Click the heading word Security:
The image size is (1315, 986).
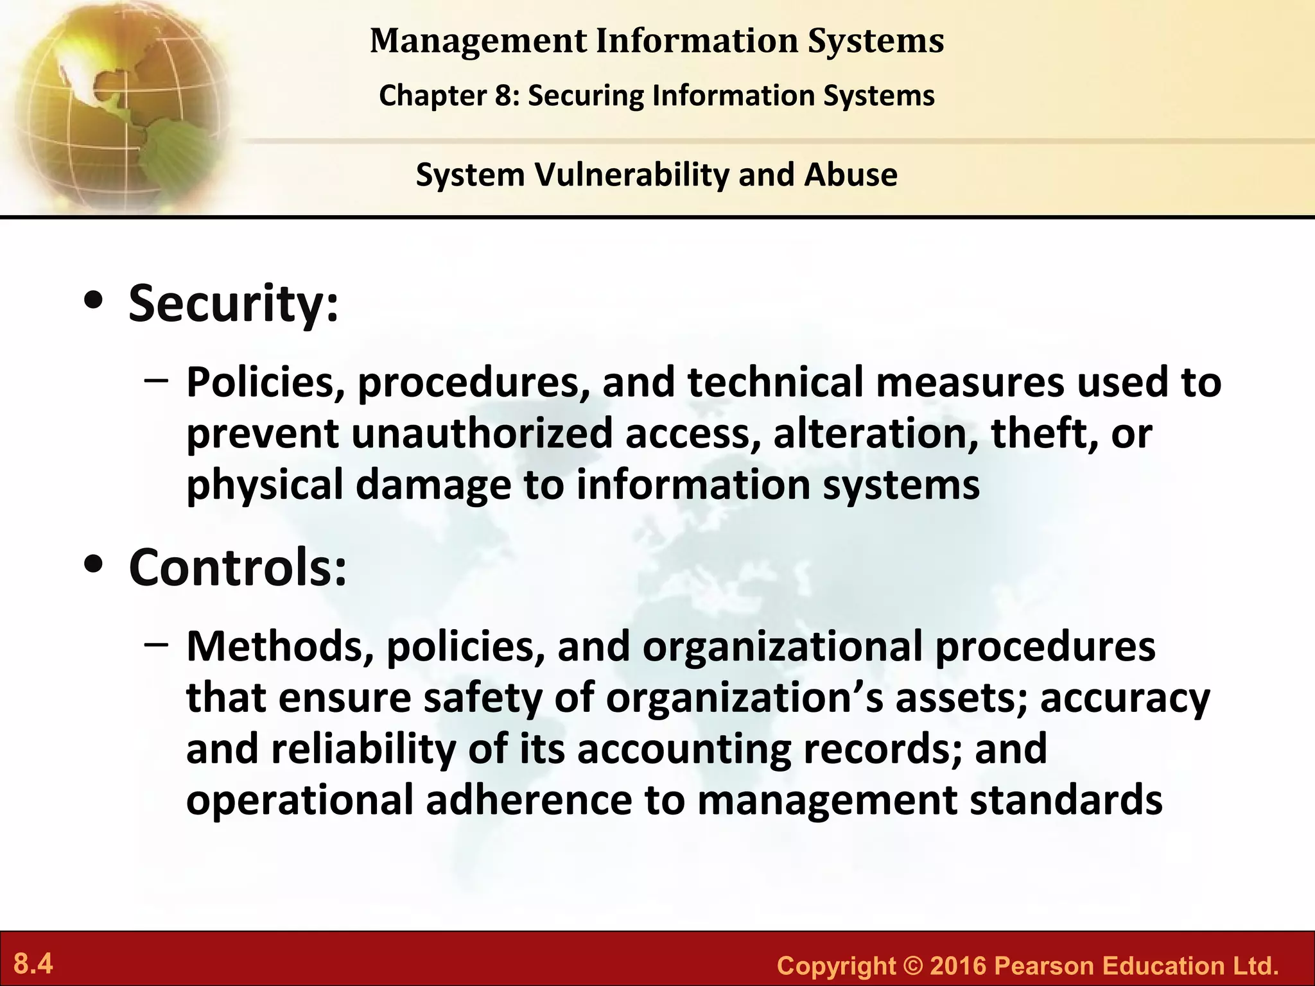tap(233, 303)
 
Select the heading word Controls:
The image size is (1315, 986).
tap(238, 567)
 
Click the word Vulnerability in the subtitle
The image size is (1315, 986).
tap(632, 175)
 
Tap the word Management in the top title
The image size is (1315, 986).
tap(478, 41)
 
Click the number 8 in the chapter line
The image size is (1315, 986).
tap(501, 96)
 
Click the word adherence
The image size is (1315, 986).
tap(528, 800)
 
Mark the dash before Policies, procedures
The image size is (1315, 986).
tap(157, 381)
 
